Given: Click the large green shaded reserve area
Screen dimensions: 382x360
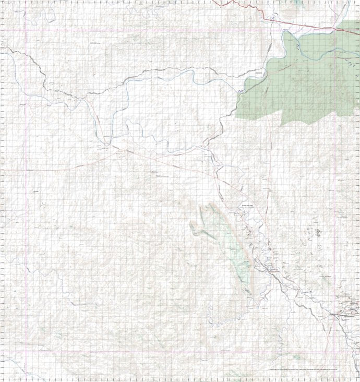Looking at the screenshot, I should pos(303,78).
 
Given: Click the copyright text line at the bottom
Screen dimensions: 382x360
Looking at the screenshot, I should pos(313,370).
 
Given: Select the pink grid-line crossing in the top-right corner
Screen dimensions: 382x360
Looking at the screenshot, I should pos(334,30).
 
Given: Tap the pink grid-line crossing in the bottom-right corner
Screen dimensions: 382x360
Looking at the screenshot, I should pos(334,351).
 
